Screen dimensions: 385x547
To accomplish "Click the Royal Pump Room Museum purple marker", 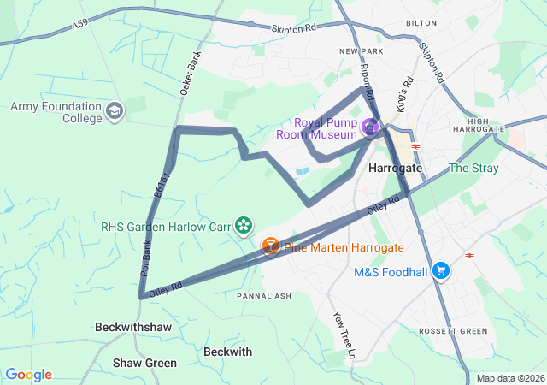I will pos(370,127).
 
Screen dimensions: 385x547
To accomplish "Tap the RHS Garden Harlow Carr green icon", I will pos(244,225).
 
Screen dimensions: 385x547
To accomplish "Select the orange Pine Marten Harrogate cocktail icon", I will pos(270,246).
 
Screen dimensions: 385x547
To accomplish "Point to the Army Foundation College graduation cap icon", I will pos(115,111).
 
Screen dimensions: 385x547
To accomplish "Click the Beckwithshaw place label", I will pos(132,328).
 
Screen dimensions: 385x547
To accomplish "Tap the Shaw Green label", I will pos(144,363).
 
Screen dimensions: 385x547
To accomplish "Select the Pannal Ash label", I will pos(264,295).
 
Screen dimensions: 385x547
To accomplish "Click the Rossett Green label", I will pos(453,331).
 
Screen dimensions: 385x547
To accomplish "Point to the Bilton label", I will pos(421,24).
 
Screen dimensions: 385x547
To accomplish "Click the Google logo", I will pos(28,375).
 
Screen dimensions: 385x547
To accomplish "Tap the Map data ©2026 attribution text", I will pos(509,378).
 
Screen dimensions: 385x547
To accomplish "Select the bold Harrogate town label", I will pos(395,169).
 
